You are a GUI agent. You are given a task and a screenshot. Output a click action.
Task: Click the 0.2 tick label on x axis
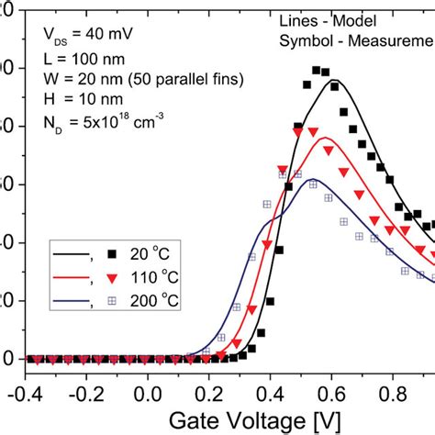[208, 392]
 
